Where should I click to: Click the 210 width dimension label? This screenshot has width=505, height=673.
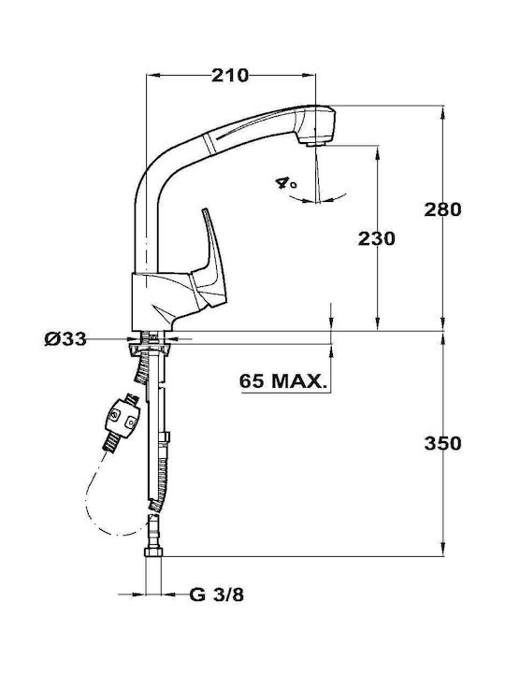(230, 76)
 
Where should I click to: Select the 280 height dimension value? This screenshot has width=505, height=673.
(442, 210)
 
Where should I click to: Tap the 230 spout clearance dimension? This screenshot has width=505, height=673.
(377, 239)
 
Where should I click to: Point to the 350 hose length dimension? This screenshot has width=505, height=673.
(442, 443)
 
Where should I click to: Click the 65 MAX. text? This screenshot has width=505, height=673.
(282, 381)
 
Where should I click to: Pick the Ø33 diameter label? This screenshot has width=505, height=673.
(65, 340)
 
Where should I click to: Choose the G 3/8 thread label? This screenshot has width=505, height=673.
(216, 594)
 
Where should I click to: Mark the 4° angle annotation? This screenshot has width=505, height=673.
(286, 183)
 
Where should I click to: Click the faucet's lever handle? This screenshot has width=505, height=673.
(210, 258)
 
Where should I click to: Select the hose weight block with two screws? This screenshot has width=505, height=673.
(123, 418)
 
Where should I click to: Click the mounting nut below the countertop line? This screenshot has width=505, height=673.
(151, 346)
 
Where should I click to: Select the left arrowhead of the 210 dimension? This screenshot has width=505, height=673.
(152, 76)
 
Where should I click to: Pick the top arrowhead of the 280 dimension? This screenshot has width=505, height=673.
(442, 111)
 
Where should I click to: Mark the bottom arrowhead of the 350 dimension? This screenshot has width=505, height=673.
(442, 550)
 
